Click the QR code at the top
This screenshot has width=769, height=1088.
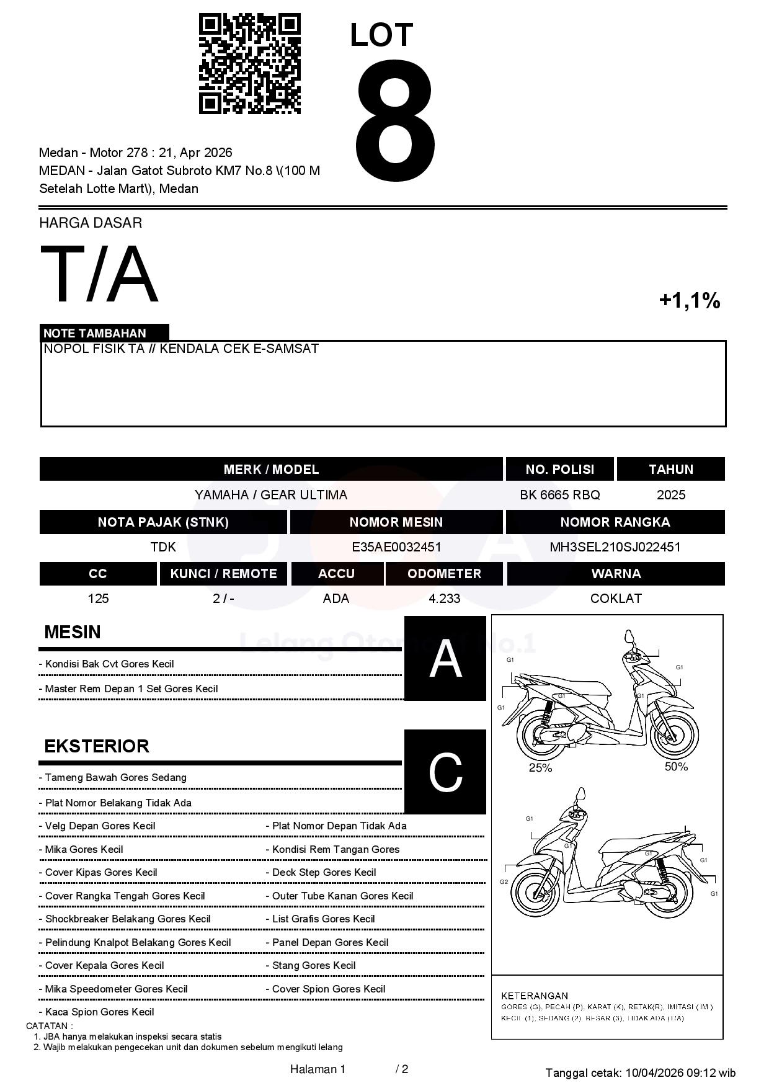(249, 64)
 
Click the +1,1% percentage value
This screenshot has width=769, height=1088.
(689, 301)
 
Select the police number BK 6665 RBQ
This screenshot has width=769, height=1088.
(559, 495)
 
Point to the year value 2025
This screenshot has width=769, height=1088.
(670, 495)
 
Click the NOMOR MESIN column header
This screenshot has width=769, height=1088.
(396, 522)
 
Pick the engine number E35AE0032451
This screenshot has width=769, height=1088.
(396, 547)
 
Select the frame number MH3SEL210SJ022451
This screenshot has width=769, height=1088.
(615, 547)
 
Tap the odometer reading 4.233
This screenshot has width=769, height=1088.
(444, 599)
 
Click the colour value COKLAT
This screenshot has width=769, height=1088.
(615, 599)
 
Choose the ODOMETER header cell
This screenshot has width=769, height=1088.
(444, 574)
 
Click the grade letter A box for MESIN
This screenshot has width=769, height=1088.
(445, 659)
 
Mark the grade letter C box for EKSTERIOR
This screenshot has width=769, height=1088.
(445, 772)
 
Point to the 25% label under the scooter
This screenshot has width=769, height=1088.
(540, 768)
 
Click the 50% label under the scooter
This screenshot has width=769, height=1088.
(676, 767)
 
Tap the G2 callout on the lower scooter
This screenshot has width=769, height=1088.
(504, 882)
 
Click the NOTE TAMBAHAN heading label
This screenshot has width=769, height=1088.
(94, 333)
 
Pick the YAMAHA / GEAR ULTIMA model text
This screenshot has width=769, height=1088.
(270, 495)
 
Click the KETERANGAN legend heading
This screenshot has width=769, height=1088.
(534, 996)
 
